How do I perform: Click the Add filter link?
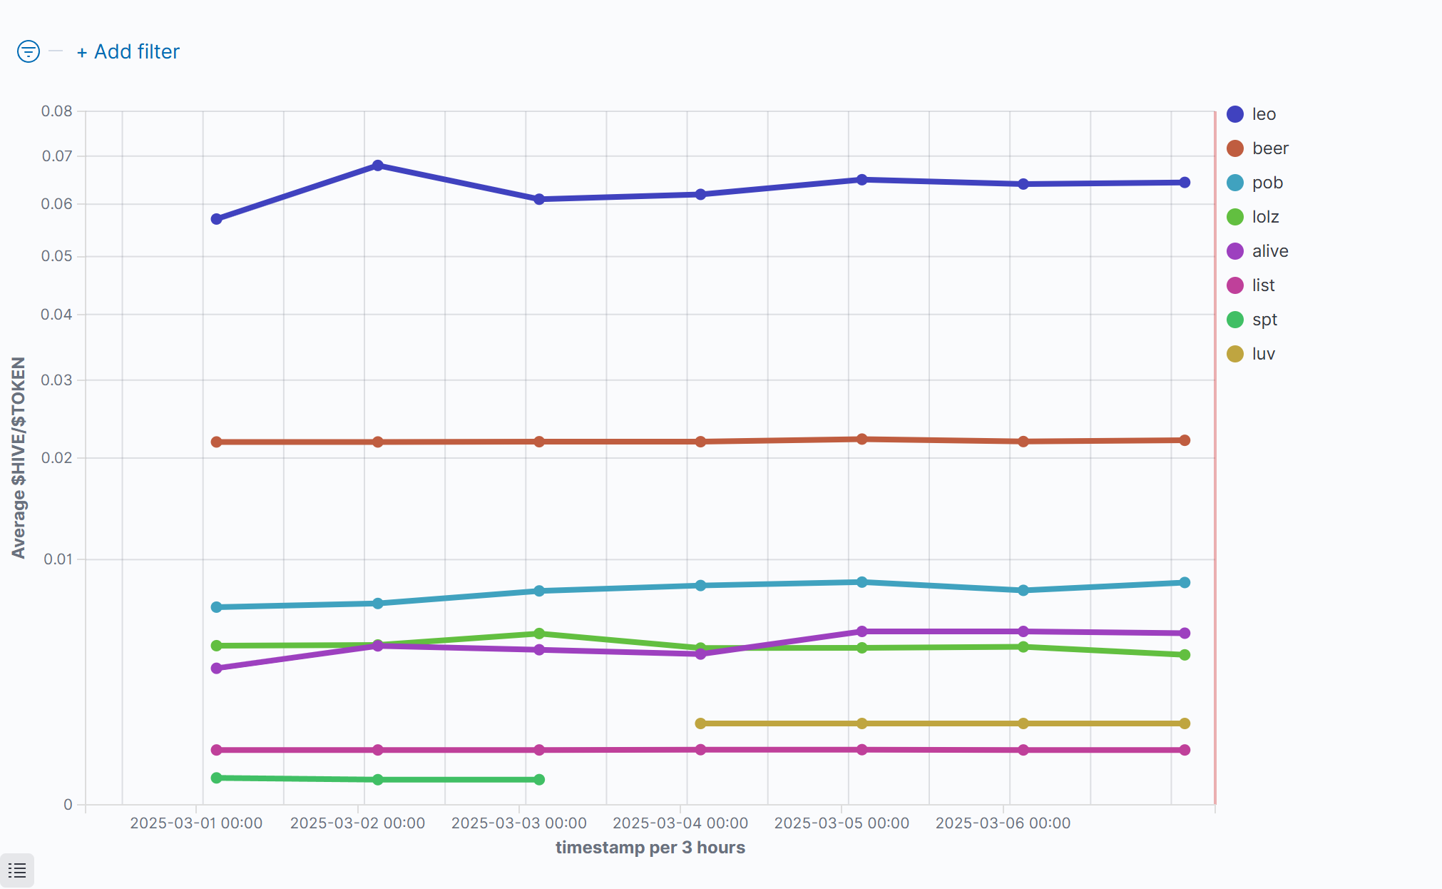click(x=128, y=52)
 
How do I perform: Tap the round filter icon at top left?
click(x=29, y=51)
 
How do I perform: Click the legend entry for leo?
click(x=1263, y=114)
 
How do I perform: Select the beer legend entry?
click(x=1269, y=148)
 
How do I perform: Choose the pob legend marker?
click(x=1235, y=183)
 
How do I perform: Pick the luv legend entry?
click(x=1263, y=354)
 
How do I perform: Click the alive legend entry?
click(x=1269, y=251)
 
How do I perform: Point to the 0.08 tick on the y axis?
click(x=57, y=111)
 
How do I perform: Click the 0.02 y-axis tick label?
click(x=57, y=458)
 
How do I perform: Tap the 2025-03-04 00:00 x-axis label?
click(x=680, y=823)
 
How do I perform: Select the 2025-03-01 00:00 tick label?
click(x=196, y=823)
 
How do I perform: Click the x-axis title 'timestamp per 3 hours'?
click(x=650, y=848)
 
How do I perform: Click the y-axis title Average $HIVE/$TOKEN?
click(x=19, y=457)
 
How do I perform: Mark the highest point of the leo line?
click(x=378, y=166)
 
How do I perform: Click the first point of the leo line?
click(x=217, y=219)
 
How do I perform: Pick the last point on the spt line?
click(x=539, y=780)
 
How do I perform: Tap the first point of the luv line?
click(x=700, y=723)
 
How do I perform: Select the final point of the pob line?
click(x=1185, y=583)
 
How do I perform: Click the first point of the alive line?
click(x=217, y=669)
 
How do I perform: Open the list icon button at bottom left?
click(x=17, y=870)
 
